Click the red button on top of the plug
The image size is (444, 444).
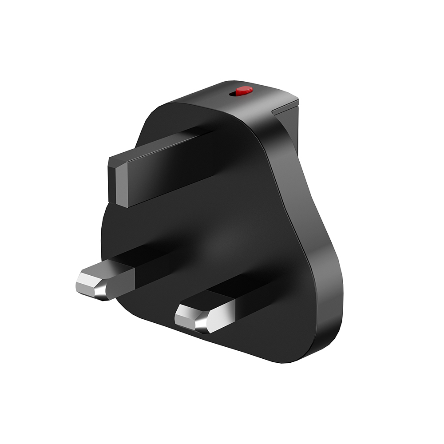[x=244, y=91]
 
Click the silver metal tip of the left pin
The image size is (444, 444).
[x=93, y=281]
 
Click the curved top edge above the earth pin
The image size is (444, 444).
[x=186, y=104]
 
